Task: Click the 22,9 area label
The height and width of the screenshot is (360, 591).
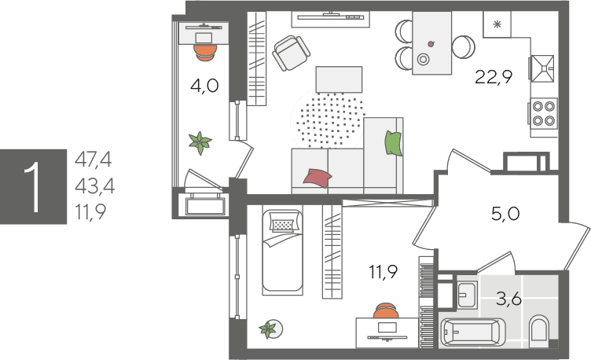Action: (x=494, y=77)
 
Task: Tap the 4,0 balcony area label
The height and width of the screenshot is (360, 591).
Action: (x=204, y=86)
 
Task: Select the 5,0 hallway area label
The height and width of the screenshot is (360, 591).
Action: (x=505, y=214)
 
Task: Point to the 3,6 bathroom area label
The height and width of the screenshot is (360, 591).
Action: (x=508, y=299)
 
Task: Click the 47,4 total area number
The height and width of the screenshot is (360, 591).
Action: (x=93, y=160)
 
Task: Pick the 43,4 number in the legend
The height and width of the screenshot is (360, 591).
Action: (x=94, y=186)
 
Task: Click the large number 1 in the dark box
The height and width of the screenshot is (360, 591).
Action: (x=34, y=186)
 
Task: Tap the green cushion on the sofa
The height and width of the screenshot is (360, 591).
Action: (x=393, y=143)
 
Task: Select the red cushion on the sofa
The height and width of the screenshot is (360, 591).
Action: (x=318, y=178)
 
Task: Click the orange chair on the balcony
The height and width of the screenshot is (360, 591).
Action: (x=205, y=53)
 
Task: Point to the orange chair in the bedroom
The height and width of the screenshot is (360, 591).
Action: (x=386, y=310)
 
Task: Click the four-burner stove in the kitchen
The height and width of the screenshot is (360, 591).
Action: (x=544, y=112)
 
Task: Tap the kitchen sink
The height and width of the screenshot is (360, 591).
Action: (x=543, y=68)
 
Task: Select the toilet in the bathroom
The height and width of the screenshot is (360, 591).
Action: (x=539, y=331)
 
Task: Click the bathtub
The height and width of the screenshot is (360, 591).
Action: (x=472, y=332)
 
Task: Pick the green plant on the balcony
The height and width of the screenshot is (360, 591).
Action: (x=200, y=143)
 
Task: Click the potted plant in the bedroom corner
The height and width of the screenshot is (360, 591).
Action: (x=270, y=329)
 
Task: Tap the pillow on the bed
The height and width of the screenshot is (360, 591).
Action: (x=283, y=225)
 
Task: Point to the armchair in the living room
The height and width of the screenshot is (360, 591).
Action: (x=291, y=53)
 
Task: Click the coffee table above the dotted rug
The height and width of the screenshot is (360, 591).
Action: (x=339, y=79)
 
